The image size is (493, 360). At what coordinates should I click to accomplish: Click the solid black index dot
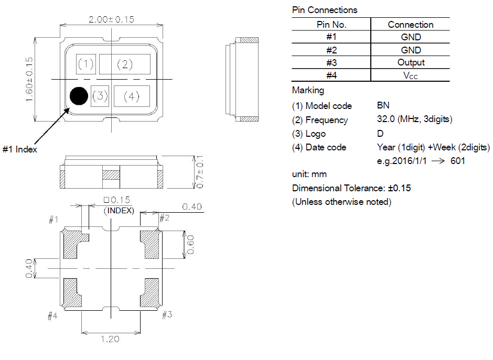[x=79, y=95]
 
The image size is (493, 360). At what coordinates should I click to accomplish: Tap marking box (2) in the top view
[x=125, y=64]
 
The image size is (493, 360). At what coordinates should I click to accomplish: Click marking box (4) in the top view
[x=132, y=96]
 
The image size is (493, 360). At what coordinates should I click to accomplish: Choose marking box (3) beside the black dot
[x=100, y=96]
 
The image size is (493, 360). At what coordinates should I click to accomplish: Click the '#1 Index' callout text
[x=20, y=149]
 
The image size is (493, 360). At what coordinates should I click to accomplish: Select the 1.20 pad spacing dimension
[x=110, y=339]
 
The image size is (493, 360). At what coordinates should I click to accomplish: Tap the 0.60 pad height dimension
[x=191, y=245]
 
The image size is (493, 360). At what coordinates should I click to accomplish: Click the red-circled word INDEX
[x=120, y=211]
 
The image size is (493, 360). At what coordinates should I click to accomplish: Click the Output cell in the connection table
[x=411, y=62]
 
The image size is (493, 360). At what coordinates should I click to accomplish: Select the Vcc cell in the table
[x=411, y=75]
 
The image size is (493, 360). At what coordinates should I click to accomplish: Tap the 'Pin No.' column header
[x=331, y=25]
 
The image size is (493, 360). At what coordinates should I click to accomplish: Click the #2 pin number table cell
[x=331, y=50]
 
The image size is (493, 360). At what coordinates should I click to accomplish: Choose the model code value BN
[x=383, y=105]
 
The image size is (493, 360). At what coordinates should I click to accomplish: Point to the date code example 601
[x=457, y=161]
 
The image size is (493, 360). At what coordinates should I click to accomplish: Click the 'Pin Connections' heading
[x=324, y=10]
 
